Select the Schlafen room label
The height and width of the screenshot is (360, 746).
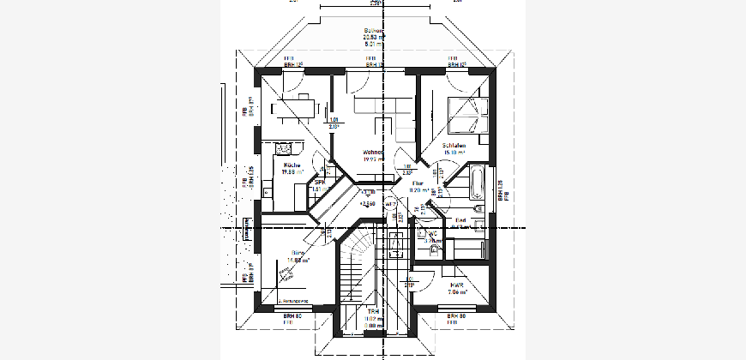(x=453, y=147)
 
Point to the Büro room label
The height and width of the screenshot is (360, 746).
(x=298, y=254)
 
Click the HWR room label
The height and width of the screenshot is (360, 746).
(x=456, y=284)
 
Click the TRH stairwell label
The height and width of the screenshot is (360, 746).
(x=373, y=310)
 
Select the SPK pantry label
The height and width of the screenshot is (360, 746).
(x=318, y=182)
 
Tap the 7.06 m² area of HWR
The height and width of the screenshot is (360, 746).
(x=456, y=292)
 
